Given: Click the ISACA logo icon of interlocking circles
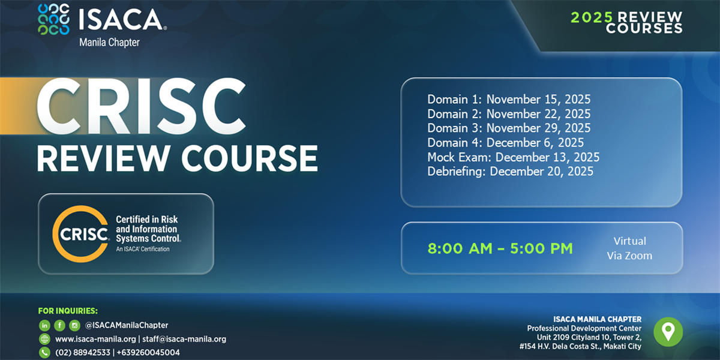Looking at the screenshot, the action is pyautogui.click(x=53, y=19).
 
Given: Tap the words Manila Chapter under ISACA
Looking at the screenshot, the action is pyautogui.click(x=109, y=43).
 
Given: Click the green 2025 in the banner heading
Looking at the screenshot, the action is pyautogui.click(x=592, y=17).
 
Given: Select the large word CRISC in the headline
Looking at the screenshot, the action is pyautogui.click(x=142, y=106).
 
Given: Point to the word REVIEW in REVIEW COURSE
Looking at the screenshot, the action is pyautogui.click(x=103, y=158).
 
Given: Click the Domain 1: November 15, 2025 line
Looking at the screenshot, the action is pyautogui.click(x=509, y=100).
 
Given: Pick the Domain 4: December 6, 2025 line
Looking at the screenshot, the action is pyautogui.click(x=506, y=143).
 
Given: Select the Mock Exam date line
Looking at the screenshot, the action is pyautogui.click(x=514, y=157).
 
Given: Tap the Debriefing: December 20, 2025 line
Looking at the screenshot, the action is pyautogui.click(x=510, y=172).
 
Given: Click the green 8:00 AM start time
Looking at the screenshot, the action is pyautogui.click(x=460, y=248).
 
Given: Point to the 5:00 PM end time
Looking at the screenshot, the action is pyautogui.click(x=542, y=248).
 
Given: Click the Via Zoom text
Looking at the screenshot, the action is pyautogui.click(x=629, y=256).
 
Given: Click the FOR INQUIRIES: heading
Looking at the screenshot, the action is pyautogui.click(x=68, y=311).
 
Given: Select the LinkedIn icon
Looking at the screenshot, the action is pyautogui.click(x=44, y=326).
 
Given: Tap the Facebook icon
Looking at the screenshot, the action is pyautogui.click(x=59, y=326).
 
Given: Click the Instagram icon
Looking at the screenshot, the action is pyautogui.click(x=74, y=326).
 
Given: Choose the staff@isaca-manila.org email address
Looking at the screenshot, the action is pyautogui.click(x=184, y=339).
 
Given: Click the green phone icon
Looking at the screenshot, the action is pyautogui.click(x=44, y=353).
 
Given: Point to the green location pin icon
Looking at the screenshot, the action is pyautogui.click(x=668, y=332).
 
